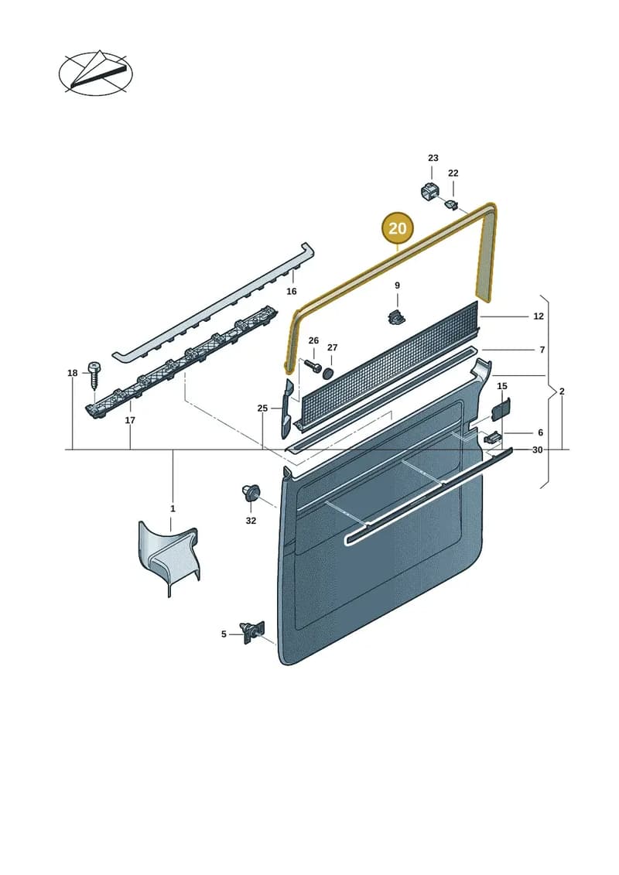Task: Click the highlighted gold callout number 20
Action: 397,228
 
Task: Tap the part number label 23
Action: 433,159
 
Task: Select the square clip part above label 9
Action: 395,316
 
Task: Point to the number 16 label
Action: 292,292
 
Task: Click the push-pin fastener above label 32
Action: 251,494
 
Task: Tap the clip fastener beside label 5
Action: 251,634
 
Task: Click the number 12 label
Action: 538,316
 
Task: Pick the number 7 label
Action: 542,350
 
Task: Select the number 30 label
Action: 537,449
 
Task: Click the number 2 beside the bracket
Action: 562,391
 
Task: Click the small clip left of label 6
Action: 492,437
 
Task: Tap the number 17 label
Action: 130,420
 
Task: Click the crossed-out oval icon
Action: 96,73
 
